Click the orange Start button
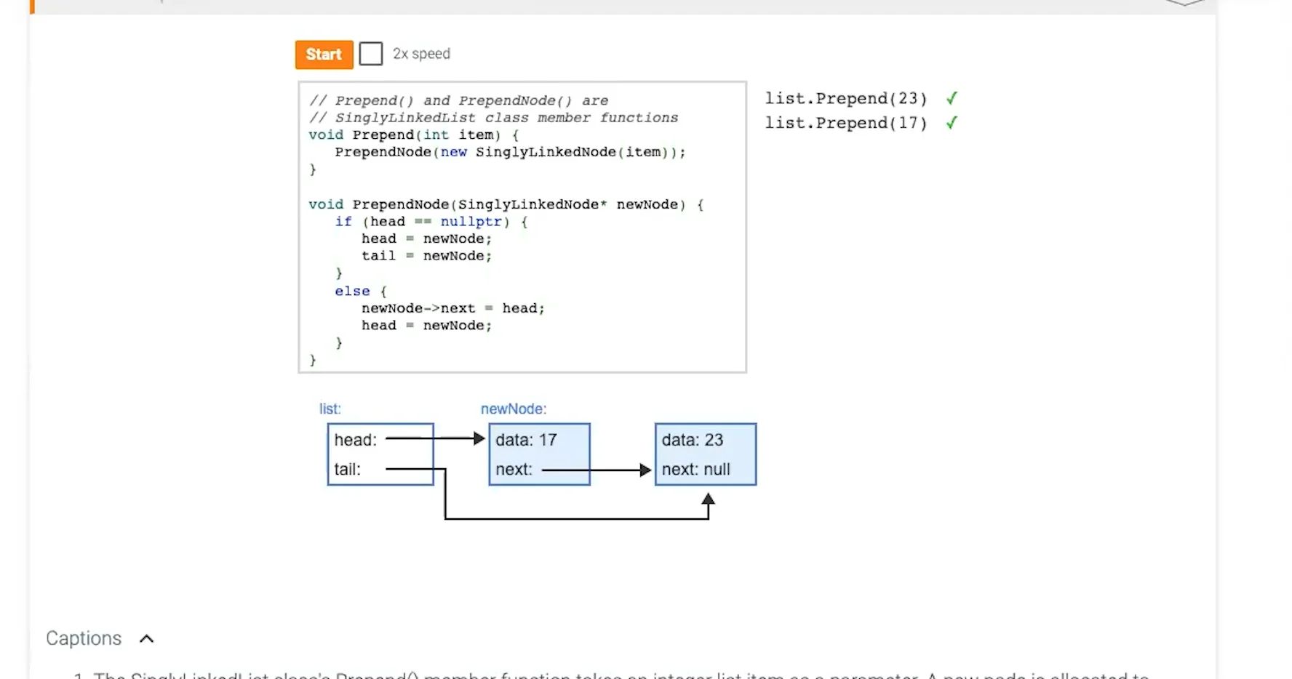point(324,55)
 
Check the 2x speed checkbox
point(371,54)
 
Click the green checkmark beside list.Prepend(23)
point(952,98)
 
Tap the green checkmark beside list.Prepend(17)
point(952,123)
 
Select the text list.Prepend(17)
point(845,123)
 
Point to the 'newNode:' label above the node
point(514,409)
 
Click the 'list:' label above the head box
point(330,409)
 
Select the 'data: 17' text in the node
point(526,440)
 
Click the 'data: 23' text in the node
point(693,440)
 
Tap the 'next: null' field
point(696,470)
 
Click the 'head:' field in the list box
point(356,440)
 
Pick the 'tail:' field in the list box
point(348,470)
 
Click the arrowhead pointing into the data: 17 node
point(479,438)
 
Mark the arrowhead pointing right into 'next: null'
point(645,470)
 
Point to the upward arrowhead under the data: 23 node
point(709,499)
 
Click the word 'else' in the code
point(352,291)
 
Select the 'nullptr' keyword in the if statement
point(471,222)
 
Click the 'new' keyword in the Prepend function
point(453,152)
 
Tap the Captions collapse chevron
point(147,638)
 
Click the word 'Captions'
point(84,638)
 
